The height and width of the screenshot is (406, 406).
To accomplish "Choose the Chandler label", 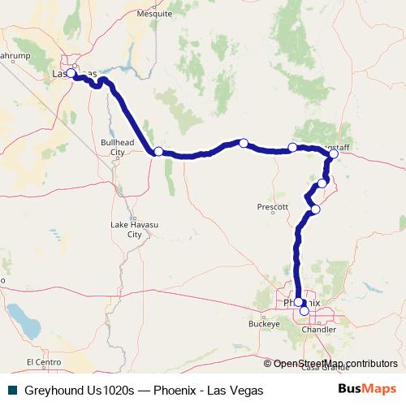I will (318, 330).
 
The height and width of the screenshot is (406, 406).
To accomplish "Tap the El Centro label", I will (43, 362).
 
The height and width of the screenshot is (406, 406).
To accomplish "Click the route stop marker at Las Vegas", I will (71, 73).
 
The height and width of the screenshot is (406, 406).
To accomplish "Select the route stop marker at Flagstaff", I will (334, 153).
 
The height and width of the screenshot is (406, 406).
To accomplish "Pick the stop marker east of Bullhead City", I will (158, 151).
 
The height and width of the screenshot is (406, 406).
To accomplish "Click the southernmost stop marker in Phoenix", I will (304, 310).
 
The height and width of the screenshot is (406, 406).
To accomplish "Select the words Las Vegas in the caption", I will (236, 391).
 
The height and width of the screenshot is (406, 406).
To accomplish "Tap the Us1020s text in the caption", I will (114, 391).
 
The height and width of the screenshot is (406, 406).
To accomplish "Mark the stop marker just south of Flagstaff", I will (322, 184).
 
